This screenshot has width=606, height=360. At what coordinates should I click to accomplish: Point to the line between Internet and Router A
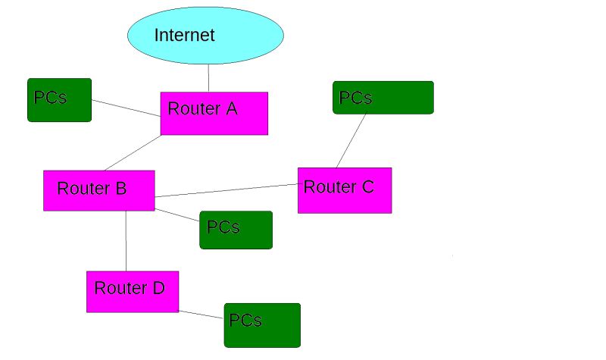tap(208, 78)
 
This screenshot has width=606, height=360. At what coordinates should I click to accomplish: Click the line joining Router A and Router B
tap(133, 152)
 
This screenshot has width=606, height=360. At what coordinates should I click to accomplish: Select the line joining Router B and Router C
tap(227, 189)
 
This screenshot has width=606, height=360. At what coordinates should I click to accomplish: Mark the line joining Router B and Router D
tap(126, 241)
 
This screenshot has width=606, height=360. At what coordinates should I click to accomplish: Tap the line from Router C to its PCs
tap(351, 141)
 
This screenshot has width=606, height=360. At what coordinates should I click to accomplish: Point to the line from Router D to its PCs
tap(201, 314)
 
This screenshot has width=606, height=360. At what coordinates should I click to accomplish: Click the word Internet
tap(185, 35)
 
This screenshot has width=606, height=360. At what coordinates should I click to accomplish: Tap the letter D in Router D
tap(158, 288)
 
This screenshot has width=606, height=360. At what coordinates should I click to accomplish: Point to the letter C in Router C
tap(367, 186)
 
